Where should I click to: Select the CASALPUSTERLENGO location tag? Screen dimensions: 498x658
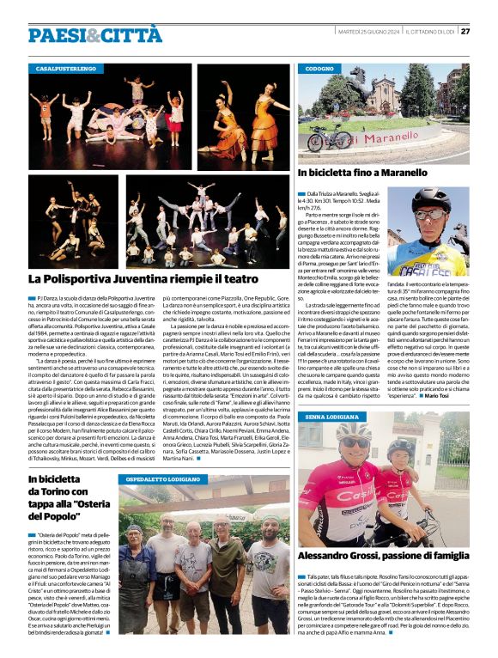point(66,67)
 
